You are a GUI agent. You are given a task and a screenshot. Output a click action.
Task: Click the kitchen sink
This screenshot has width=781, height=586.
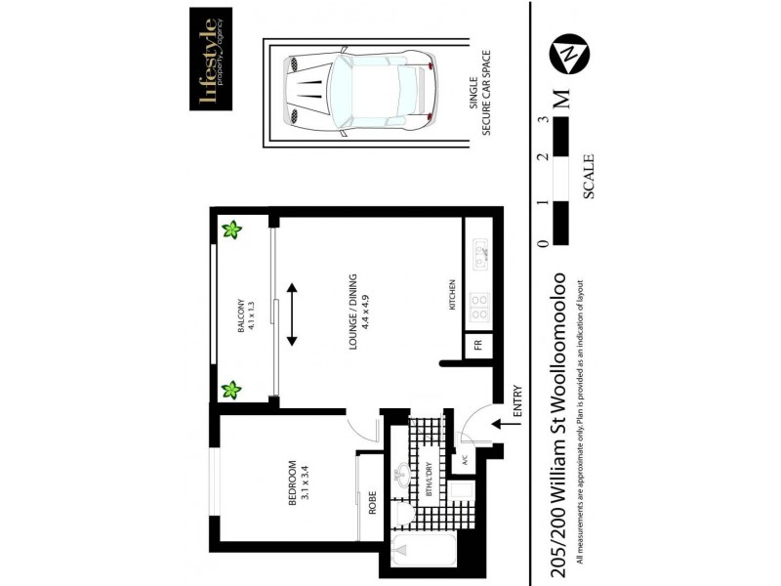479,257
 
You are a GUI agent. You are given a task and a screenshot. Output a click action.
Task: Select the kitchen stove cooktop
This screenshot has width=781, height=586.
478,310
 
